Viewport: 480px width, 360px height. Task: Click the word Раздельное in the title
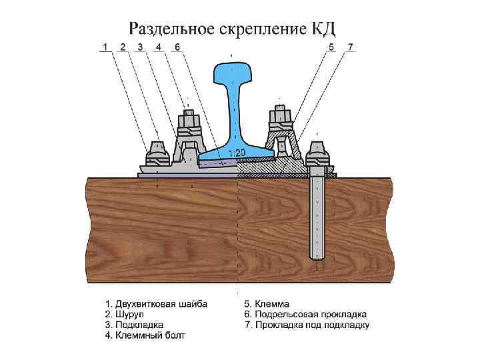pyautogui.click(x=169, y=29)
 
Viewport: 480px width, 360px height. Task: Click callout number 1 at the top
pyautogui.click(x=105, y=47)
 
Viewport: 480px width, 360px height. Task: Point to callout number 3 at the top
pyautogui.click(x=140, y=47)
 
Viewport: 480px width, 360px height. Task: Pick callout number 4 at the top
pyautogui.click(x=158, y=47)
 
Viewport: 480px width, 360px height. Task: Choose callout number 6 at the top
pyautogui.click(x=177, y=47)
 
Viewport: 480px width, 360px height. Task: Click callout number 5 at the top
pyautogui.click(x=331, y=47)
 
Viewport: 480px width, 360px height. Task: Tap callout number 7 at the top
pyautogui.click(x=351, y=47)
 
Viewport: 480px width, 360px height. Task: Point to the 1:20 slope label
pyautogui.click(x=237, y=153)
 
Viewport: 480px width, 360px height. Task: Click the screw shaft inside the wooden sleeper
pyautogui.click(x=317, y=213)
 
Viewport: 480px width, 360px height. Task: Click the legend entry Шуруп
pyautogui.click(x=127, y=314)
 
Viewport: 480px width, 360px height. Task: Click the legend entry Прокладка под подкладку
pyautogui.click(x=307, y=325)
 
